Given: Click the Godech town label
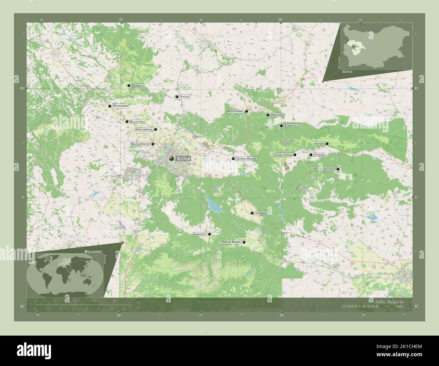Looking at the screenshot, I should tap(137, 86).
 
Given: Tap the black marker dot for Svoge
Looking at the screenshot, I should tap(177, 97).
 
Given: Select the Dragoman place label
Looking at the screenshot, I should tap(120, 106).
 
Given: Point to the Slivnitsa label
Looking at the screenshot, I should tap(137, 122).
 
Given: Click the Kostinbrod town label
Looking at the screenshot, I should tap(144, 129).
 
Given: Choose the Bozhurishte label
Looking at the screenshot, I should tap(140, 144).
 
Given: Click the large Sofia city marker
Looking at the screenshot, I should tap(172, 158).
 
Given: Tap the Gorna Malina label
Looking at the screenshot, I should tap(247, 159).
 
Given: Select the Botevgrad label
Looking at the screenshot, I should tap(235, 111).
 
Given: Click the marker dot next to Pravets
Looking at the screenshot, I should tap(268, 115).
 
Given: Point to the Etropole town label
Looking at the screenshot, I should tap(291, 126).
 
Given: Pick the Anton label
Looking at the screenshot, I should tap(319, 144).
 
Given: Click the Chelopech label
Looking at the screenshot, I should tap(283, 155).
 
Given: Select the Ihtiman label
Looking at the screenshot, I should tap(261, 213).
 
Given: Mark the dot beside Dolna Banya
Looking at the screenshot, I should tap(244, 242).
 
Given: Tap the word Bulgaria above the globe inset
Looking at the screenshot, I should tap(93, 252).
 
